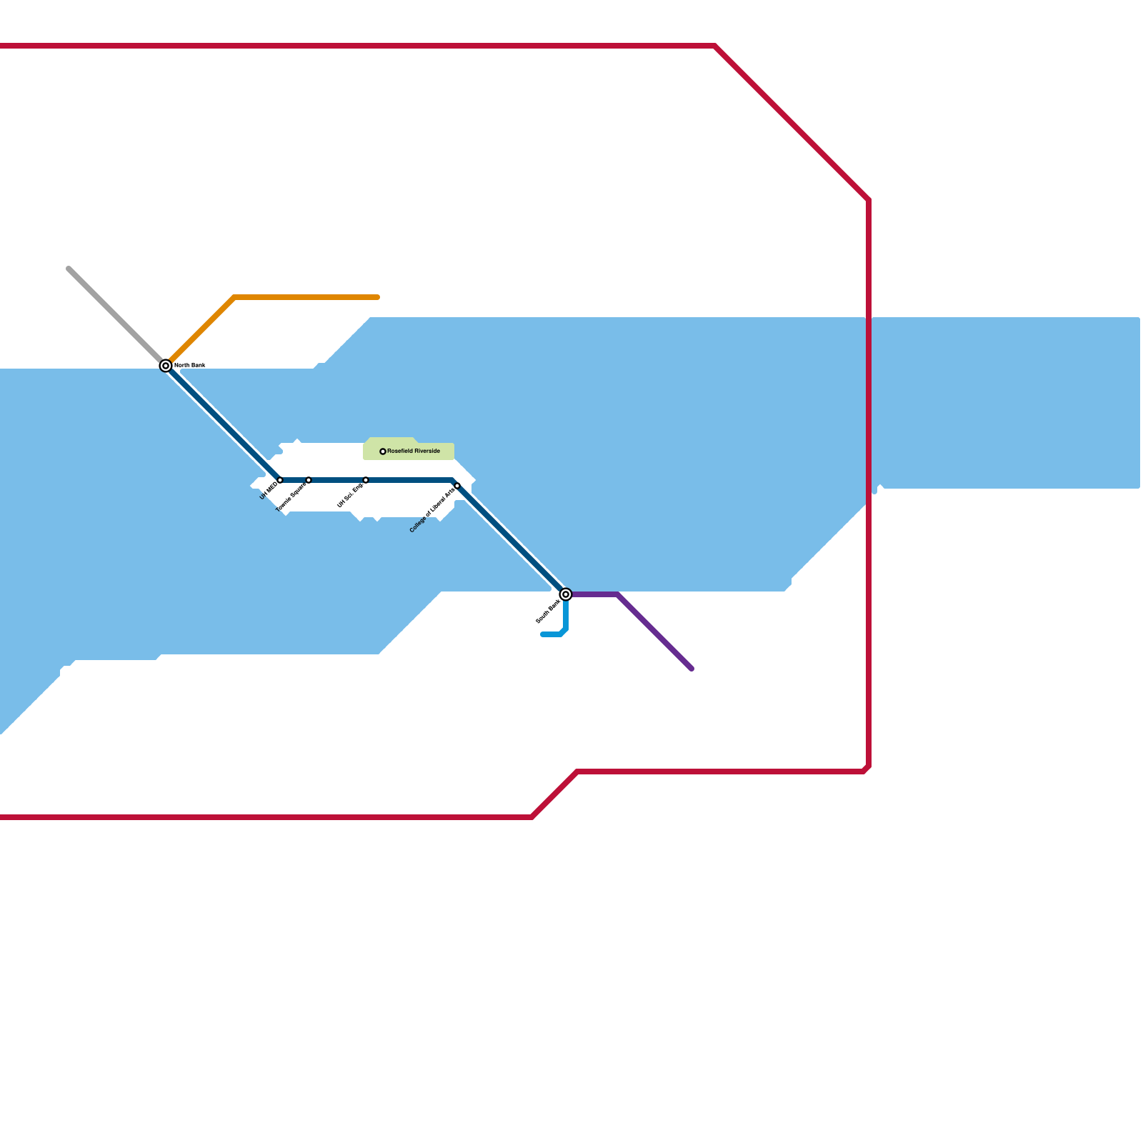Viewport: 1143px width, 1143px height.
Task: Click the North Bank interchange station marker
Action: (166, 366)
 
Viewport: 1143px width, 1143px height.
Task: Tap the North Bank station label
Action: (189, 365)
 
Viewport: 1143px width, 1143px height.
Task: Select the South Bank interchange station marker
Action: (566, 594)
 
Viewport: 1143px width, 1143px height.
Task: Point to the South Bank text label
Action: (548, 612)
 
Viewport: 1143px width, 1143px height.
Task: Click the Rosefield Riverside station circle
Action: (383, 451)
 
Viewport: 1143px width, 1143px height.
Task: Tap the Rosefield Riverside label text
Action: (414, 451)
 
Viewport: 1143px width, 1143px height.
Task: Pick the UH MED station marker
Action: (280, 480)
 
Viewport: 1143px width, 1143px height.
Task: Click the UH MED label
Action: (269, 491)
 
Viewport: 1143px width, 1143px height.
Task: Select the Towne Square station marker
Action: (309, 480)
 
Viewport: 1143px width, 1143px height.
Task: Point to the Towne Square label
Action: (291, 496)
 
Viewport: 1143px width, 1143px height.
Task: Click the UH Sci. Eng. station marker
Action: (366, 480)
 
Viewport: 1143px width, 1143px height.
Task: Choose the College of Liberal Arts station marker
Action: (457, 486)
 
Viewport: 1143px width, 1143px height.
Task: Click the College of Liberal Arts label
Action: (432, 511)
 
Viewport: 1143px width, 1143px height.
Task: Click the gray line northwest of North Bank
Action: (114, 314)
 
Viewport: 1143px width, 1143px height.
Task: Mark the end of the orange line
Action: (378, 297)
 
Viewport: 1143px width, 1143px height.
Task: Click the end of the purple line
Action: (692, 669)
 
